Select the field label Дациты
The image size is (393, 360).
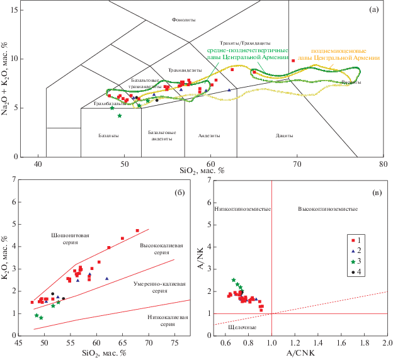(x=285, y=135)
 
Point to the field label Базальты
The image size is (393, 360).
(x=109, y=135)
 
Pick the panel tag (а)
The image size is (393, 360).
(x=373, y=10)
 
